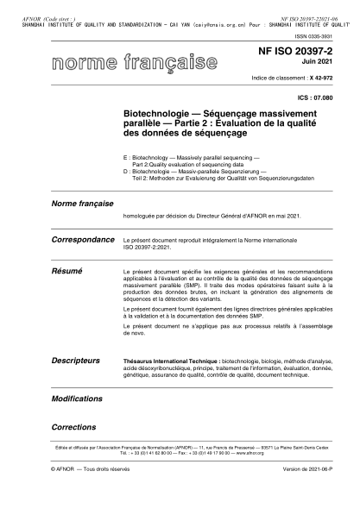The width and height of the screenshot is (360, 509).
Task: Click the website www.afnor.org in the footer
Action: pos(224,452)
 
